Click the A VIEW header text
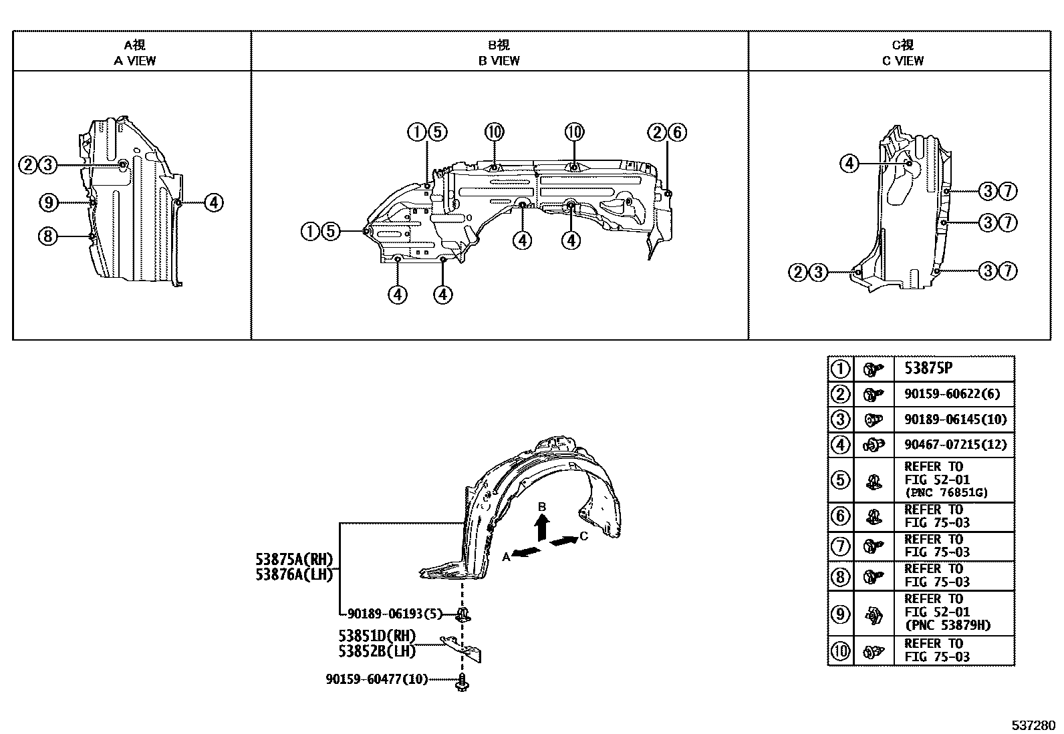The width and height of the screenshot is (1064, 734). [x=134, y=61]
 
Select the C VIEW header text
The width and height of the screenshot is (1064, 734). [x=902, y=61]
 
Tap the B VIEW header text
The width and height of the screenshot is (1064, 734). [x=499, y=61]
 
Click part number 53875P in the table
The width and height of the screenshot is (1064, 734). [x=928, y=369]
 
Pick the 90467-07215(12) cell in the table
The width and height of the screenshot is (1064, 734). [x=955, y=445]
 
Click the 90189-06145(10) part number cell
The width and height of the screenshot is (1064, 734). [x=955, y=419]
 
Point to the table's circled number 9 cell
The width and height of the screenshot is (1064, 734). [x=840, y=614]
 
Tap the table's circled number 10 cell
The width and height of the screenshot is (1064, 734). [x=840, y=651]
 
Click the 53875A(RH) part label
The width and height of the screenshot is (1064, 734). [x=295, y=559]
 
